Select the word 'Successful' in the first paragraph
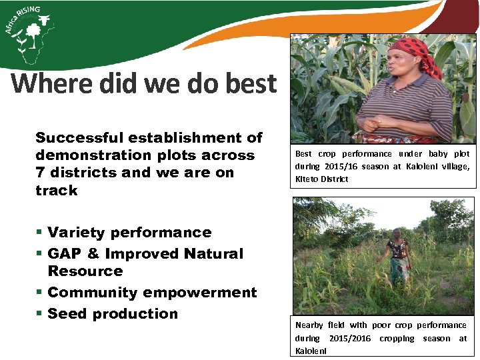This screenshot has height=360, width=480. [79, 138]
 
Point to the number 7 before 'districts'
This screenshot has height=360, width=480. [39, 173]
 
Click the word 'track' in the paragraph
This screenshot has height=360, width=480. [57, 191]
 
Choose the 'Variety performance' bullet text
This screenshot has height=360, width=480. [129, 233]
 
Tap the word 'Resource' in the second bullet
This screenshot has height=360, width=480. [85, 271]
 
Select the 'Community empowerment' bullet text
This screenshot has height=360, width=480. [152, 293]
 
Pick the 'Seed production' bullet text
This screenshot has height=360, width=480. [113, 314]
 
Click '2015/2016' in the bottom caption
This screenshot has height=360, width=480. [350, 339]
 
